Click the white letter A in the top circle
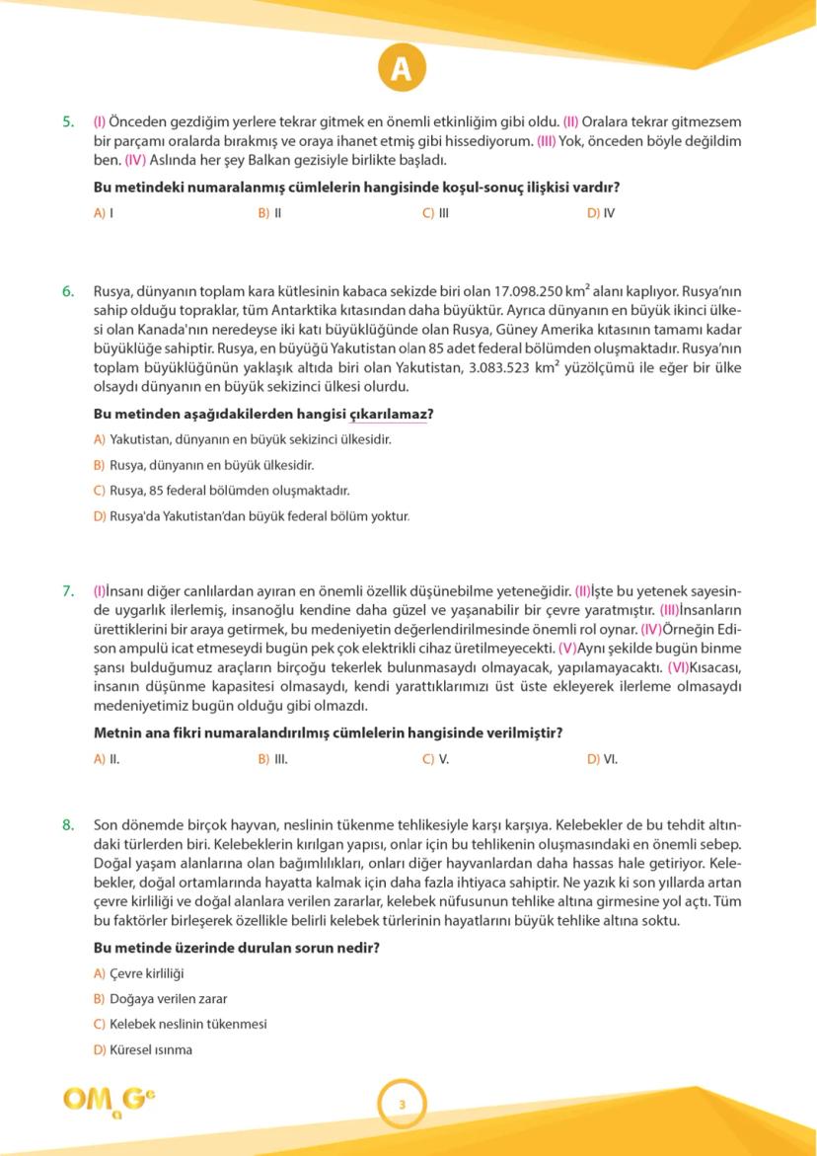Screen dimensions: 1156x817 (x=401, y=68)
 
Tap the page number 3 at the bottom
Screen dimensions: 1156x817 (x=402, y=1104)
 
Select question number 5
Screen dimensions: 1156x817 (x=68, y=122)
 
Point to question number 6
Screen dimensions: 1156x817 (x=68, y=291)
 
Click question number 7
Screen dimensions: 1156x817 (x=68, y=591)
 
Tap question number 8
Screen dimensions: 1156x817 (x=68, y=823)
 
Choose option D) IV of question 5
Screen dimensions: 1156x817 (x=601, y=212)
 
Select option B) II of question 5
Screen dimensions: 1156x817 (x=270, y=212)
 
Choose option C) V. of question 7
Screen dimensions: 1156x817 (x=436, y=759)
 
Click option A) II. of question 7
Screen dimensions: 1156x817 (x=107, y=759)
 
